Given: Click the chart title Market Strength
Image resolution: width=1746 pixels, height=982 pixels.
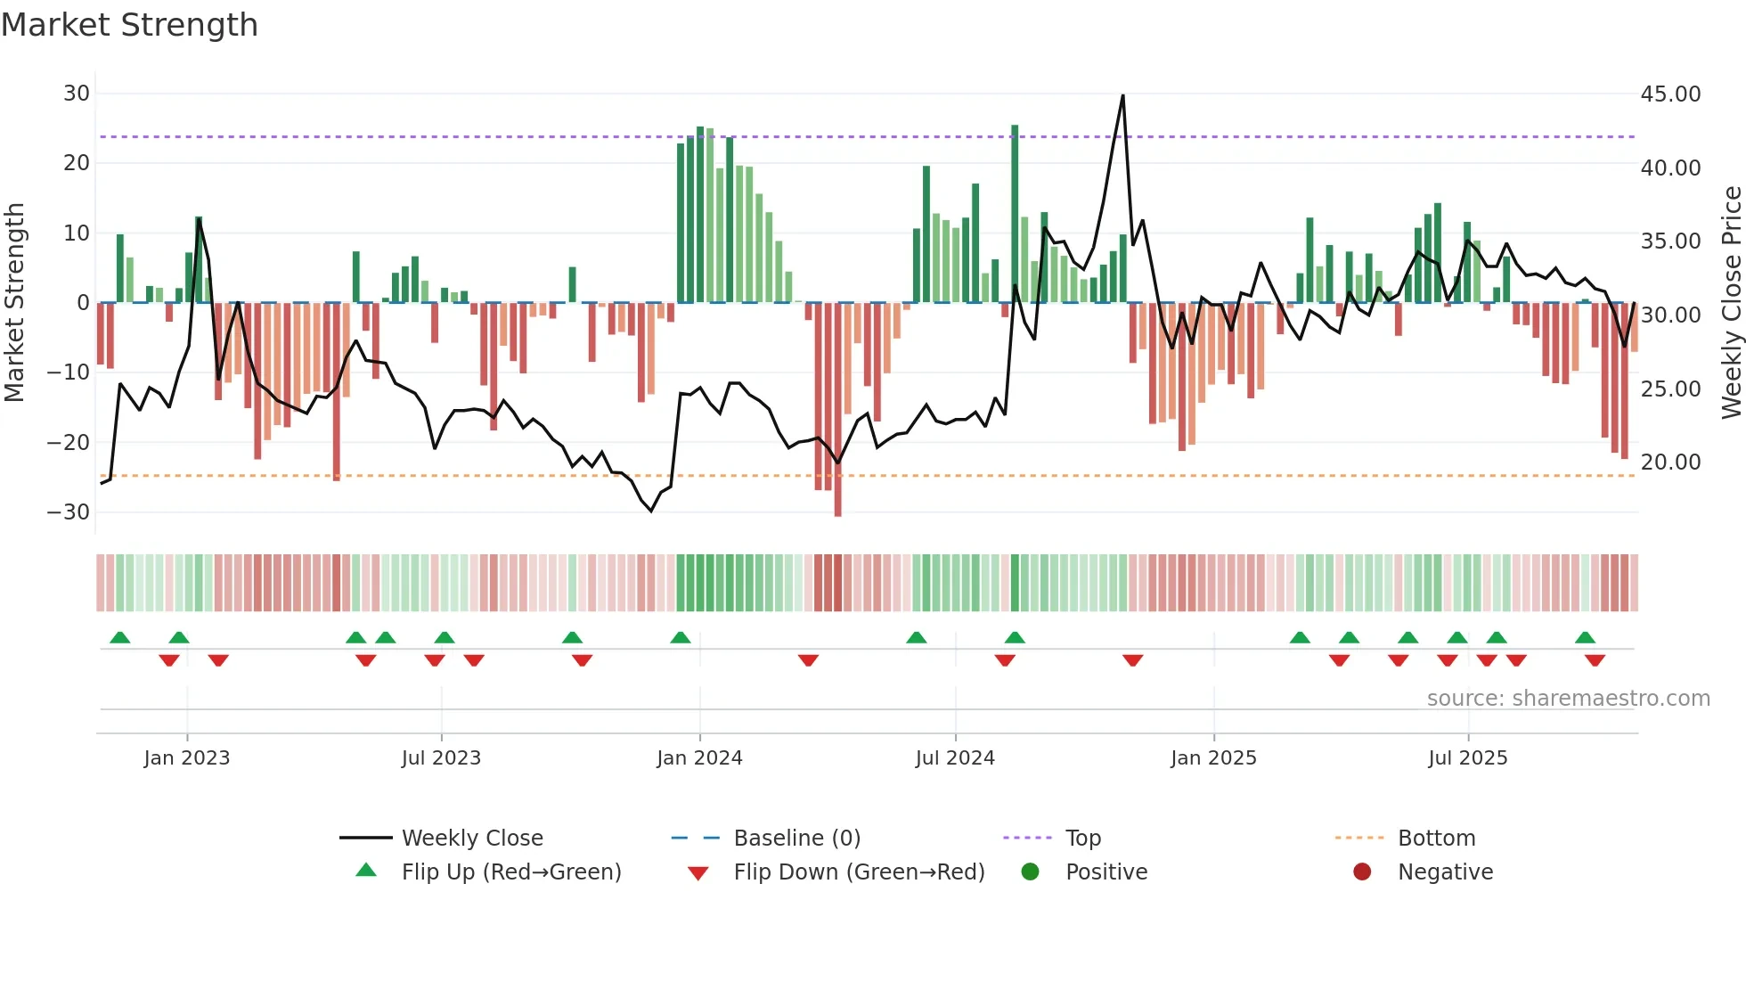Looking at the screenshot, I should coord(129,25).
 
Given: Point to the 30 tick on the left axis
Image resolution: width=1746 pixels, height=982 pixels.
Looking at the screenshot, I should coord(77,94).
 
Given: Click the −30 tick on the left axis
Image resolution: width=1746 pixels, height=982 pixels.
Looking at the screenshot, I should coord(69,511).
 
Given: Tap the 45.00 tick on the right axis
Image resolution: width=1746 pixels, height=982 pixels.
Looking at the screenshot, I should coord(1670,94).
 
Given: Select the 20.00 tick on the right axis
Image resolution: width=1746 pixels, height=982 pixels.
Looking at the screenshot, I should coord(1670,462).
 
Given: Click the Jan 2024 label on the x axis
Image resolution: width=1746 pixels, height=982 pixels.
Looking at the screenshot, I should coord(699,758).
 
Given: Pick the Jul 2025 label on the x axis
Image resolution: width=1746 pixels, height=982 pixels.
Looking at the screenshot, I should coord(1467,758).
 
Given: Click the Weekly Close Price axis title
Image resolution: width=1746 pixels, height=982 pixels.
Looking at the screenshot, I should coord(1731,303).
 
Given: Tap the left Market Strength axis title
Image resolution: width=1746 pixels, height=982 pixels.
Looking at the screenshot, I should coord(15,303).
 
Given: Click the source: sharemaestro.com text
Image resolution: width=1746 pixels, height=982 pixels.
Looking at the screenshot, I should coord(1568,699).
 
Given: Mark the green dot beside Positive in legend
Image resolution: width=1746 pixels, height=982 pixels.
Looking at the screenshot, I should coord(1031,872).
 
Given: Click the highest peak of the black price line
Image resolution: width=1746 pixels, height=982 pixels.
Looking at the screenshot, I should coord(1122,95).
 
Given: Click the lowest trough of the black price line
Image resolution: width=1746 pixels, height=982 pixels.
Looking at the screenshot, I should coord(651,511).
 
